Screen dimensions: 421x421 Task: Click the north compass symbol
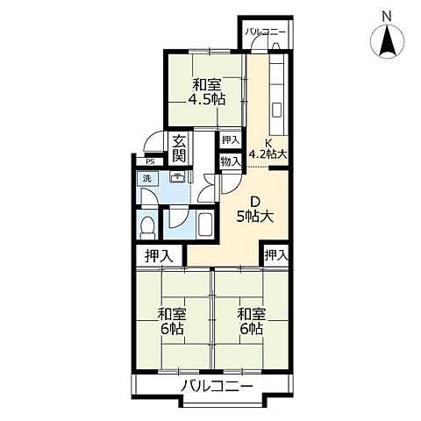tap(388, 42)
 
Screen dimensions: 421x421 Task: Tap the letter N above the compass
tap(388, 15)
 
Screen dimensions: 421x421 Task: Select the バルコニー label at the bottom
tap(217, 387)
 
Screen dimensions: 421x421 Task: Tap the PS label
tap(150, 161)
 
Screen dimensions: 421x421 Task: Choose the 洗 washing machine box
tap(148, 178)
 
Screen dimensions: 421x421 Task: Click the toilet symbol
tap(148, 225)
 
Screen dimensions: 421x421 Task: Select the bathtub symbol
tap(206, 225)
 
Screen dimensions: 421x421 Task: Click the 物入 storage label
tap(231, 161)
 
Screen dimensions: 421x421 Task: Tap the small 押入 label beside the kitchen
tap(231, 139)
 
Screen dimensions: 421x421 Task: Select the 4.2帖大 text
tap(268, 156)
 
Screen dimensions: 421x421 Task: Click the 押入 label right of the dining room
tap(275, 254)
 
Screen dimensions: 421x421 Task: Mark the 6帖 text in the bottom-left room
tap(171, 329)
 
